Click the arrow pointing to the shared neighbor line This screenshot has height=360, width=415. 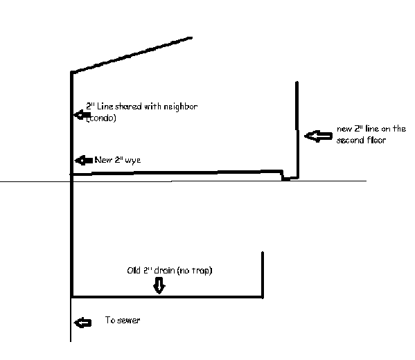coord(82,115)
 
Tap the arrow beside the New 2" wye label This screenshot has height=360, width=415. coord(84,161)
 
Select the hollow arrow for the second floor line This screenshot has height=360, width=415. coord(318,136)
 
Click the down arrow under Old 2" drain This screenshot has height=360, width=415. coord(159,285)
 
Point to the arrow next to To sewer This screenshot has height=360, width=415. coord(82,323)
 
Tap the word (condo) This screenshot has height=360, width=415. coord(101,118)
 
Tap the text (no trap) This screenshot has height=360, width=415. coord(195,271)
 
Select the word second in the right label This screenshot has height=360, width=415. coord(350,140)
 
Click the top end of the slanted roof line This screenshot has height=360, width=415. coord(192,38)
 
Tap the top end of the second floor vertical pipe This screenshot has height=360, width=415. coord(297,82)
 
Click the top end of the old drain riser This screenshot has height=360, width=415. coord(263,253)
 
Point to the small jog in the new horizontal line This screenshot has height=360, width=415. coord(283,175)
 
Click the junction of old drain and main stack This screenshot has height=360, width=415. coord(72,297)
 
